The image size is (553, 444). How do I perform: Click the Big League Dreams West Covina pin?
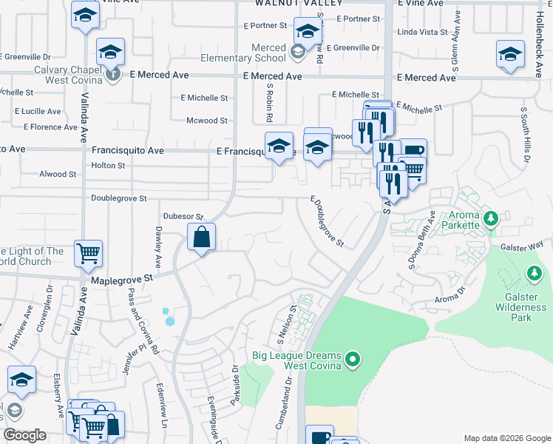click(x=353, y=360)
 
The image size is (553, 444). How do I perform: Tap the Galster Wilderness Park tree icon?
click(x=534, y=275)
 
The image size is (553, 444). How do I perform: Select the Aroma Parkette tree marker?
click(x=490, y=219)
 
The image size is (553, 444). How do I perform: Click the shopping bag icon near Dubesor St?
click(x=201, y=238)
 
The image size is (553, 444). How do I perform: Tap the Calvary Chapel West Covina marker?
click(x=112, y=73)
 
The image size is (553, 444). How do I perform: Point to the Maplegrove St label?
click(x=121, y=280)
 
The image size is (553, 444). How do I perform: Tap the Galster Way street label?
click(x=521, y=244)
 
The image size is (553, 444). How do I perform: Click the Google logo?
click(x=24, y=435)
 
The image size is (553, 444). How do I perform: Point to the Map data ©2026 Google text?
click(x=506, y=438)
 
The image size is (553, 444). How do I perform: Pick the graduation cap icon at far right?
click(x=510, y=55)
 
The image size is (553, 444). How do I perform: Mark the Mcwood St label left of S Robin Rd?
click(x=206, y=121)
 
